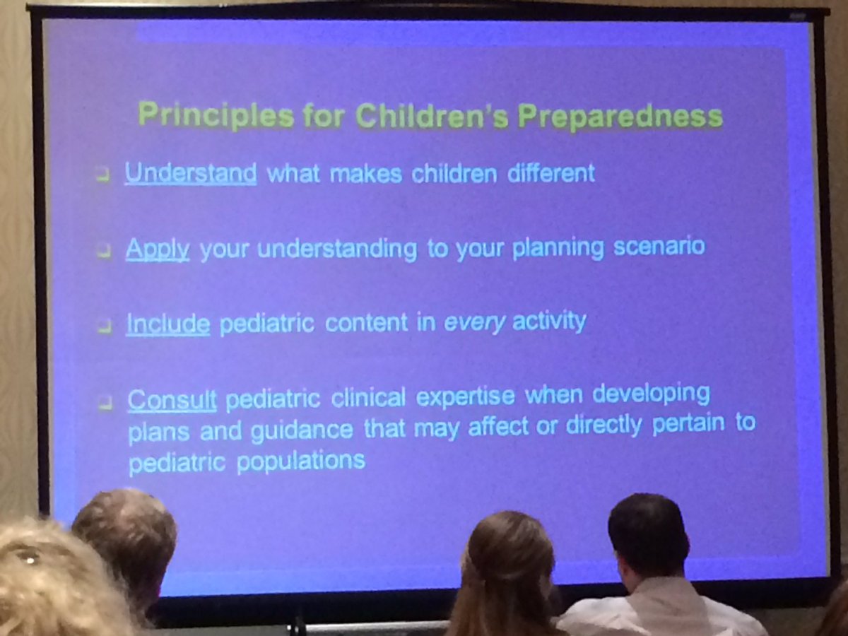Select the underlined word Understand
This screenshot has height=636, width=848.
190,173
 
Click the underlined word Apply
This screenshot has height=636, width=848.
158,250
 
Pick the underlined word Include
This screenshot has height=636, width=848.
167,324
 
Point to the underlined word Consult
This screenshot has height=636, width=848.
172,400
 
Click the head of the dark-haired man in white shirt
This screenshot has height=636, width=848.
648,536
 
